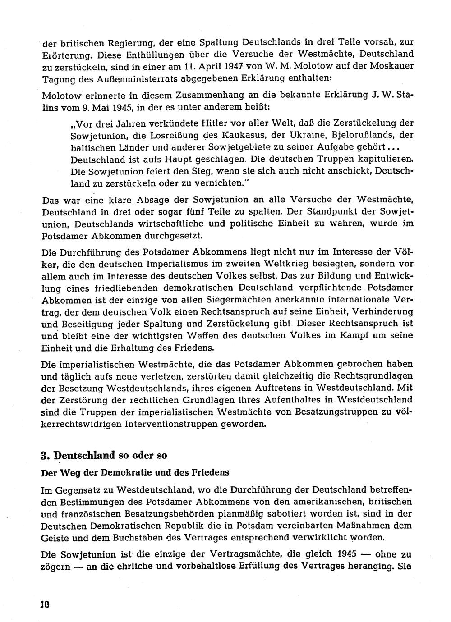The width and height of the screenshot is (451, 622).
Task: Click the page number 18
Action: point(44,604)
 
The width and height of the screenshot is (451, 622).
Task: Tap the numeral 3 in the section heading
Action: point(44,455)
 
